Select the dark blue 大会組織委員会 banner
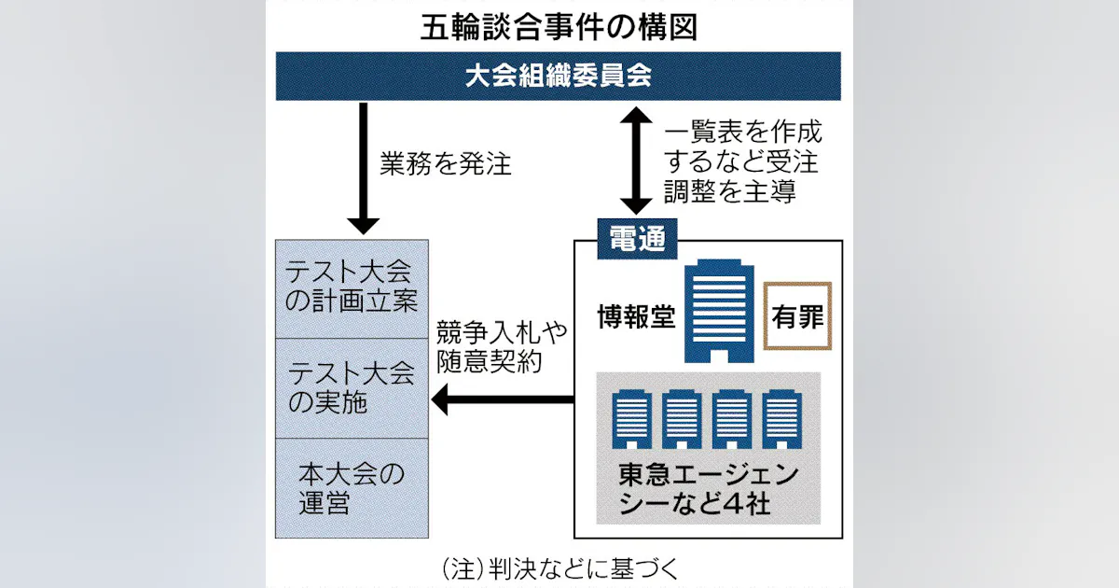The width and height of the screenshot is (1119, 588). click(x=559, y=77)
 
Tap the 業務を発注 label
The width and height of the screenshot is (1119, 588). click(x=446, y=164)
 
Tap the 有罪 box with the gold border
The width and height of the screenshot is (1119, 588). click(x=797, y=316)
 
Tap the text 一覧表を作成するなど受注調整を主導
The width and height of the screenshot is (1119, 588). click(x=741, y=162)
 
